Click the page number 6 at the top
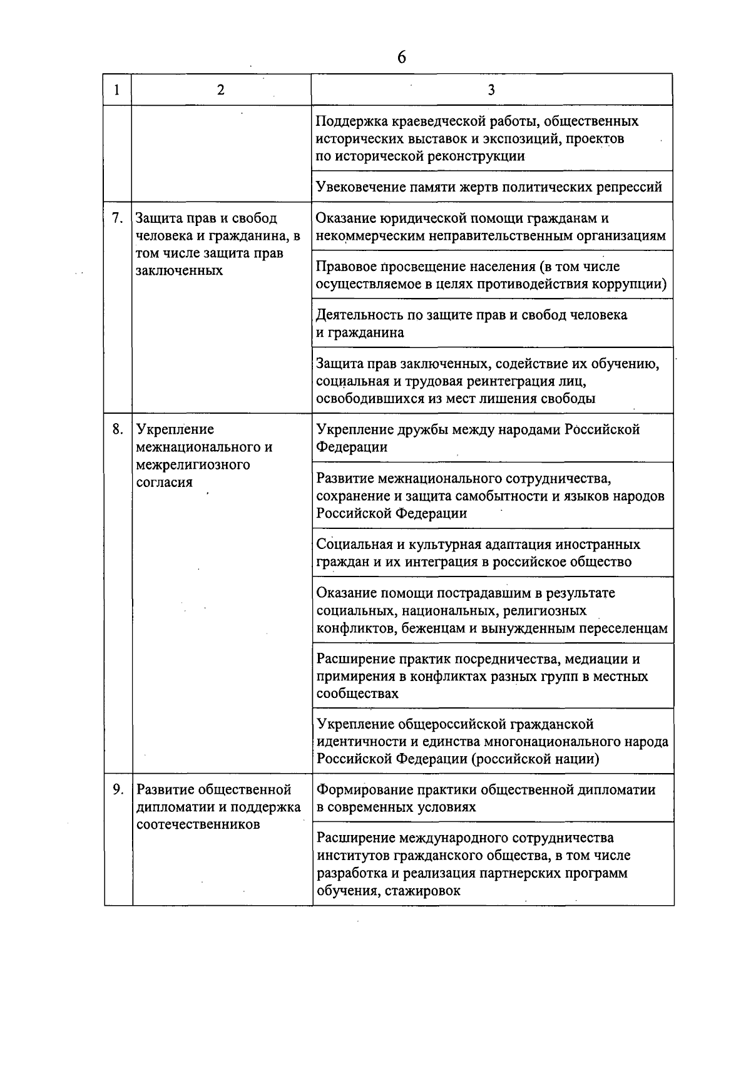point(401,58)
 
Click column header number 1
point(117,90)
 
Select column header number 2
point(220,90)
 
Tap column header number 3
point(491,90)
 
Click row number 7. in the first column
point(116,218)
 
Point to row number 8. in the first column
point(116,429)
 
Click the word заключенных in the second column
point(179,271)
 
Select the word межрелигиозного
point(193,465)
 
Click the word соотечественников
point(198,825)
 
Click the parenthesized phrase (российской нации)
point(536,760)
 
